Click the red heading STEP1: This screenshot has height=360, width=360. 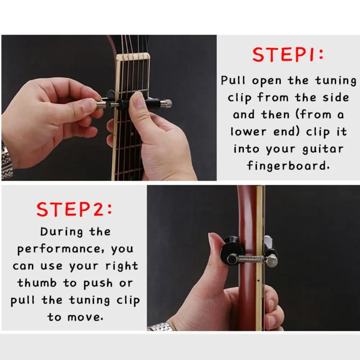288,55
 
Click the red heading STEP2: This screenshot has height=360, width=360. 74,209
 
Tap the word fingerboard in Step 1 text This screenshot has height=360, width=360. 288,166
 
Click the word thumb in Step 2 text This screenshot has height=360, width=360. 37,283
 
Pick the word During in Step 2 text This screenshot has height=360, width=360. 62,231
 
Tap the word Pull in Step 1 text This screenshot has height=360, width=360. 233,80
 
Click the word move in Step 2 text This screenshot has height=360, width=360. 85,318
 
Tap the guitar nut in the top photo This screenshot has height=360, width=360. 133,57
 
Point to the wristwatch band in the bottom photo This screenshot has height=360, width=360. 161,327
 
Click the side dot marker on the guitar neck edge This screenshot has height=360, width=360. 258,280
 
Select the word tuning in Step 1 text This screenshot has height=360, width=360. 336,81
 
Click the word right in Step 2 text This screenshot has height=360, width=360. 122,266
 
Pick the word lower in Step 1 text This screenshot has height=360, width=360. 248,132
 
